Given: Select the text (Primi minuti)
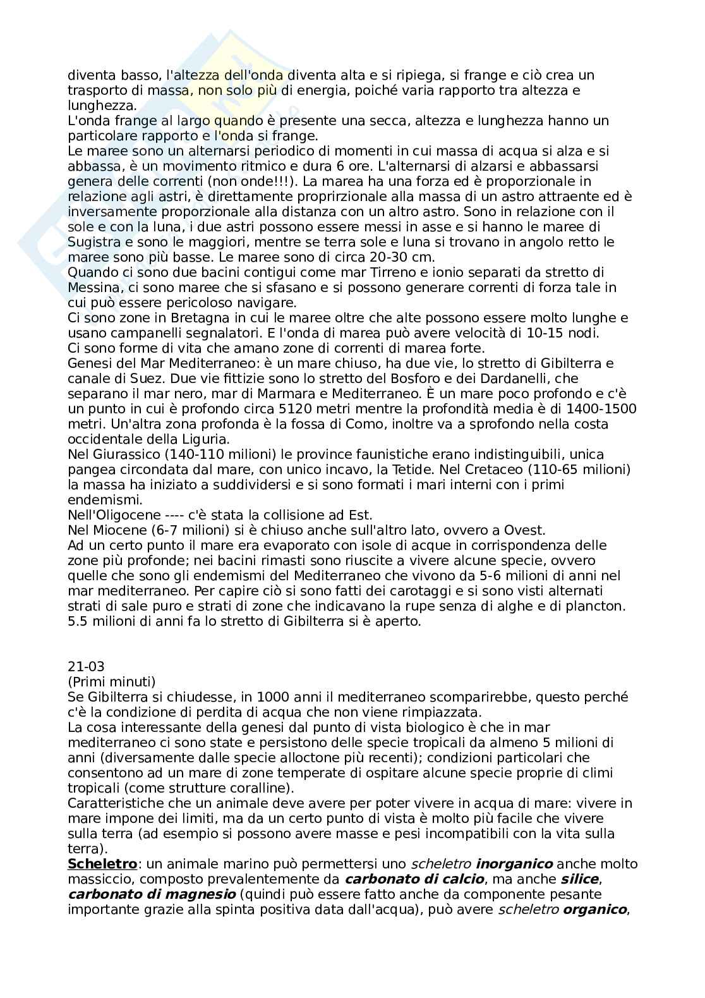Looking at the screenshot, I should [111, 682].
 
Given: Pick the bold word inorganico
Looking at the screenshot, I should [514, 864].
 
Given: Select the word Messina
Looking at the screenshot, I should [93, 288].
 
